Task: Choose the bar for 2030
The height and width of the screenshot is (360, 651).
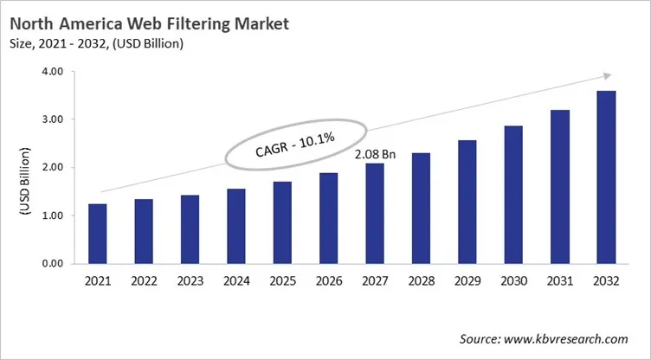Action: tap(512, 195)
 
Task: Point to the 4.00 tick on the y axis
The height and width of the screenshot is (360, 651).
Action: tap(52, 72)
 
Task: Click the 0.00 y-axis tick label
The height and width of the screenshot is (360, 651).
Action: tap(52, 263)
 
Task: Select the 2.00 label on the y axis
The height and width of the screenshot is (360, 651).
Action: tap(52, 168)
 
